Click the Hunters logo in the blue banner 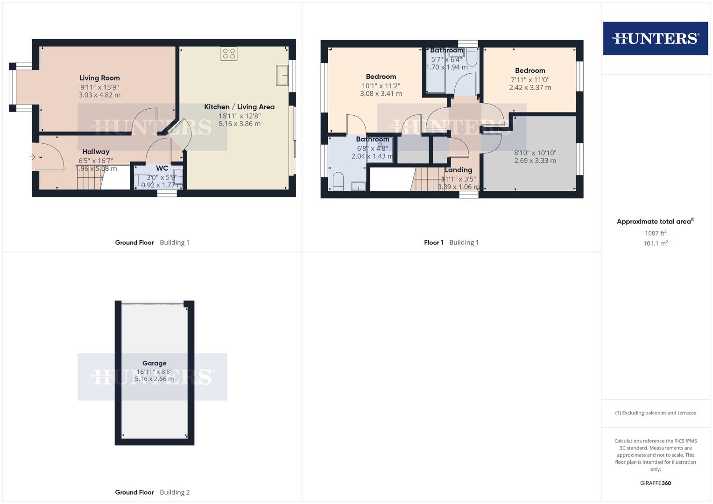[655, 38]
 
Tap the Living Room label [99, 78]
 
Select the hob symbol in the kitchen [229, 54]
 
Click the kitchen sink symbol [282, 76]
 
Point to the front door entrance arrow [32, 157]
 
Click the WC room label [162, 168]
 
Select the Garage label [154, 363]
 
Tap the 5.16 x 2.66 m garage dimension [154, 379]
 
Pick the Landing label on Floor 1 [458, 170]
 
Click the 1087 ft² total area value [655, 233]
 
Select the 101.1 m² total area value [655, 243]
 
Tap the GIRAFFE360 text [655, 483]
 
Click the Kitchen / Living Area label [239, 107]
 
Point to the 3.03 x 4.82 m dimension [99, 95]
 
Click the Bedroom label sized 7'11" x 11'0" [530, 70]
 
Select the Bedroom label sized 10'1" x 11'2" [381, 77]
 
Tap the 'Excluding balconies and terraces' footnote [655, 413]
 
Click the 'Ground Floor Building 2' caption [152, 492]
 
